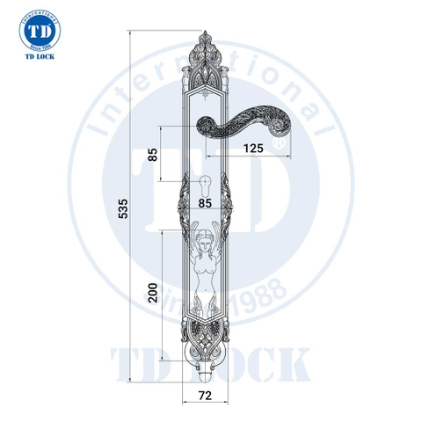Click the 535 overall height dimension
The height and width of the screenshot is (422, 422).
123,207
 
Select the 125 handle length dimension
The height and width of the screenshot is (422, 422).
252,147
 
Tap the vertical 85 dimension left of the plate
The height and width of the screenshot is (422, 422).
153,155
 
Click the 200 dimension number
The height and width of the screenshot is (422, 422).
153,294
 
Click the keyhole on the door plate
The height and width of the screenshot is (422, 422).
207,186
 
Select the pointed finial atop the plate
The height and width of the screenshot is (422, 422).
206,35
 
